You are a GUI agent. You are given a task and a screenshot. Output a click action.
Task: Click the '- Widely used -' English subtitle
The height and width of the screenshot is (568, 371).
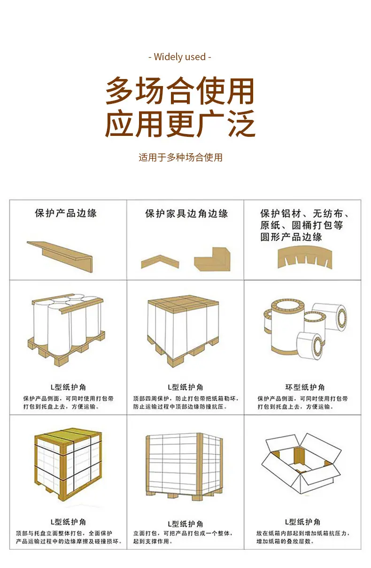[x=179, y=57]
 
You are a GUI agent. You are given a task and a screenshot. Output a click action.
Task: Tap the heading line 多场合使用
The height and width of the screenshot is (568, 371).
[x=179, y=91]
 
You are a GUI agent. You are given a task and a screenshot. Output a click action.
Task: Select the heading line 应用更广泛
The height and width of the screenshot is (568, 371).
[x=180, y=124]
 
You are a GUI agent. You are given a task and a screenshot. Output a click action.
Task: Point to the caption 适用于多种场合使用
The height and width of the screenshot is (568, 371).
[x=180, y=158]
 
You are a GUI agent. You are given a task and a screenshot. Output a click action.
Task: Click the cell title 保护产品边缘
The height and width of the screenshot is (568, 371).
[x=66, y=213]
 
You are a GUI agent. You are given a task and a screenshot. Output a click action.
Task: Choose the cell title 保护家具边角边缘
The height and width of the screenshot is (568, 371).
[x=186, y=213]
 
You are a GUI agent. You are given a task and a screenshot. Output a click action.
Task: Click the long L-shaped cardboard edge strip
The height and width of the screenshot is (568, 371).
[x=60, y=256]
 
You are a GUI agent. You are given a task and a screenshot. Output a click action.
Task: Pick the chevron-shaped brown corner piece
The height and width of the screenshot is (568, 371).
[x=160, y=261]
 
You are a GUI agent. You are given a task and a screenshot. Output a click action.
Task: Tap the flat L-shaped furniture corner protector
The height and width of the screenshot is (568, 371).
[x=212, y=259]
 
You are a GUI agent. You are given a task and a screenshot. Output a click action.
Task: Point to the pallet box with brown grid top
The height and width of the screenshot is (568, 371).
[x=183, y=331]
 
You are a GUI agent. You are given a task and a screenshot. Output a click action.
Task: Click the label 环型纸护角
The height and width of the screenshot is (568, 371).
[x=305, y=387]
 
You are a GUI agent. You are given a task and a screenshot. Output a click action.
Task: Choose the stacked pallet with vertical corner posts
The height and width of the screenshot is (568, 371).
[x=185, y=466]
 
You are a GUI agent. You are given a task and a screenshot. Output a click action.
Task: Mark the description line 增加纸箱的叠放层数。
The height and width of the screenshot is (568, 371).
[x=285, y=541]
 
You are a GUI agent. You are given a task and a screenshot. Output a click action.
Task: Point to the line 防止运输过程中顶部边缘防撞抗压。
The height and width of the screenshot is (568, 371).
[x=180, y=406]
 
